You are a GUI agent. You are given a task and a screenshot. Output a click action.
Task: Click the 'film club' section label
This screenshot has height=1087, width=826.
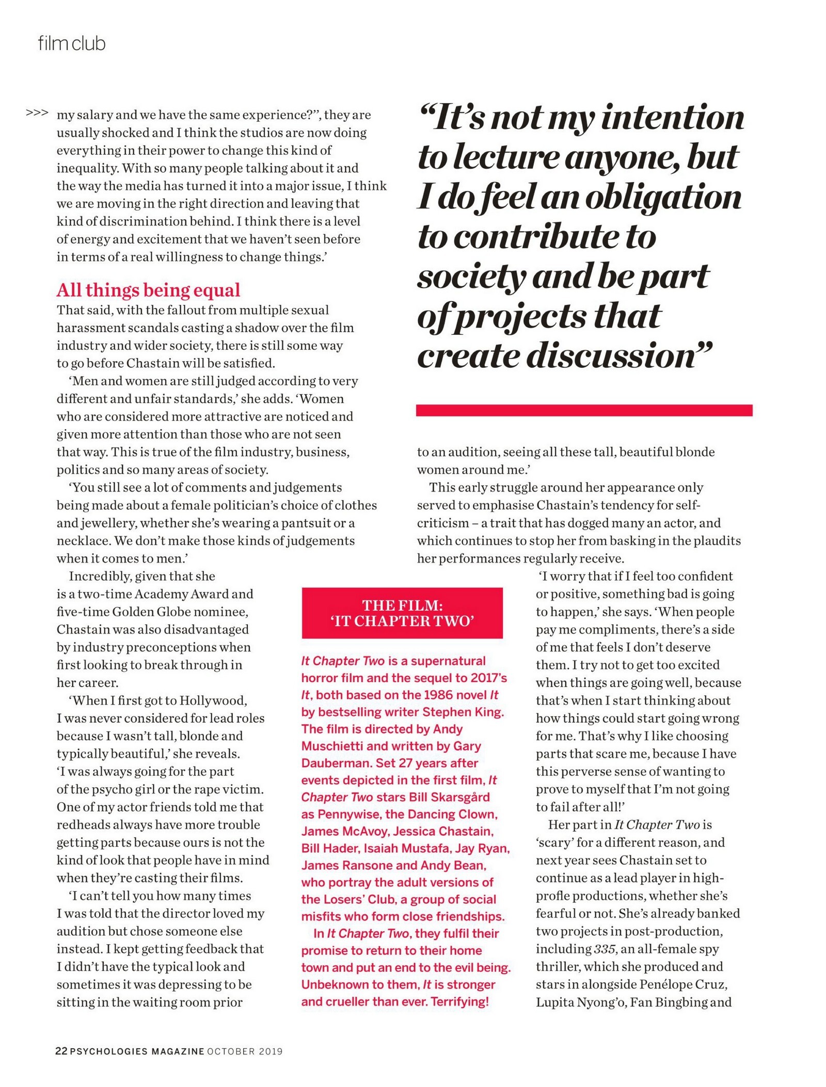point(72,44)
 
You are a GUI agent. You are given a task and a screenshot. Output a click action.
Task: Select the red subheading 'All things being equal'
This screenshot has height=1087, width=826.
point(148,290)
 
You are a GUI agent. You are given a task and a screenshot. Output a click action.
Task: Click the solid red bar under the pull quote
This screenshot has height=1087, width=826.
point(584,410)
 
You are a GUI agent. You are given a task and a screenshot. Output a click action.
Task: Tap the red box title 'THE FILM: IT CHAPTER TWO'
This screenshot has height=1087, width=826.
point(402,612)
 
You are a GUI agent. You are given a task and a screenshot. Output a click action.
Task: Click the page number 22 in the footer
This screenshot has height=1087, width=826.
point(61,1051)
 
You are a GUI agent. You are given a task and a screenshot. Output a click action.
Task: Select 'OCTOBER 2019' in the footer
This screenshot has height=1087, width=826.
point(245,1051)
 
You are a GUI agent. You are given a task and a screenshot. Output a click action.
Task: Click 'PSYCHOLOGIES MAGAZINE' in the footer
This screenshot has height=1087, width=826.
point(137,1051)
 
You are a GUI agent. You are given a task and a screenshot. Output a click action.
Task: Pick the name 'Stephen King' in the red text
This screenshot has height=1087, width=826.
point(463,712)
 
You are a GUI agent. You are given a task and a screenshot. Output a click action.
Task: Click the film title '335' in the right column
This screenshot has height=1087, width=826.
point(605,949)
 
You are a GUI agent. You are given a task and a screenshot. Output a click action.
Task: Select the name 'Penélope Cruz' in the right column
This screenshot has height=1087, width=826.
point(684,984)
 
